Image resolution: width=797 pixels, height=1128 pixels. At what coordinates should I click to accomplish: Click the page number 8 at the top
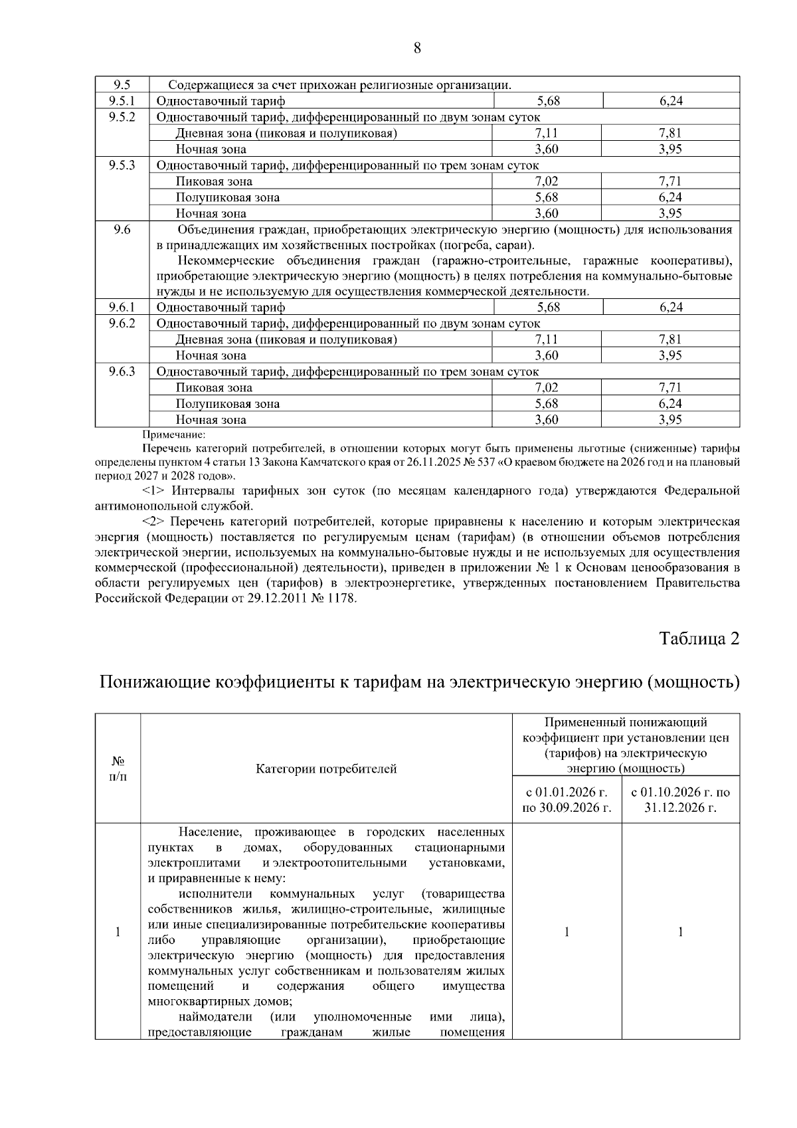click(417, 48)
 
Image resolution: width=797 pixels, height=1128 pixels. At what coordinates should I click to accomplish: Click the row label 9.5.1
click(122, 101)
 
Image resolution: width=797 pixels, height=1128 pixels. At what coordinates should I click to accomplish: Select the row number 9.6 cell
click(122, 230)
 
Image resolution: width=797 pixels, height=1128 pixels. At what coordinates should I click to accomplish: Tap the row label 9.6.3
click(122, 371)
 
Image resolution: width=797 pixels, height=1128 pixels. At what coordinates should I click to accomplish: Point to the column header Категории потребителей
click(326, 769)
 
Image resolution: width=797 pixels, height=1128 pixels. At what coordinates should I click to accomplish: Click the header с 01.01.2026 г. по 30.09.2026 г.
click(567, 800)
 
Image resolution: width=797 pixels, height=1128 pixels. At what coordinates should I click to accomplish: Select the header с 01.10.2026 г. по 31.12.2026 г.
click(681, 800)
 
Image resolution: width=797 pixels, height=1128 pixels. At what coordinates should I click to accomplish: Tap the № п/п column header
click(118, 769)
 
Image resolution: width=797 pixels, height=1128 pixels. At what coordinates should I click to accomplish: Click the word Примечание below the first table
click(174, 435)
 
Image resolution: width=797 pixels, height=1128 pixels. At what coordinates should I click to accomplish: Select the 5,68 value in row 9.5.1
click(548, 101)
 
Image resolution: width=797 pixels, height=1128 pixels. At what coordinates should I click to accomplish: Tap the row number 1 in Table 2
click(118, 932)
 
